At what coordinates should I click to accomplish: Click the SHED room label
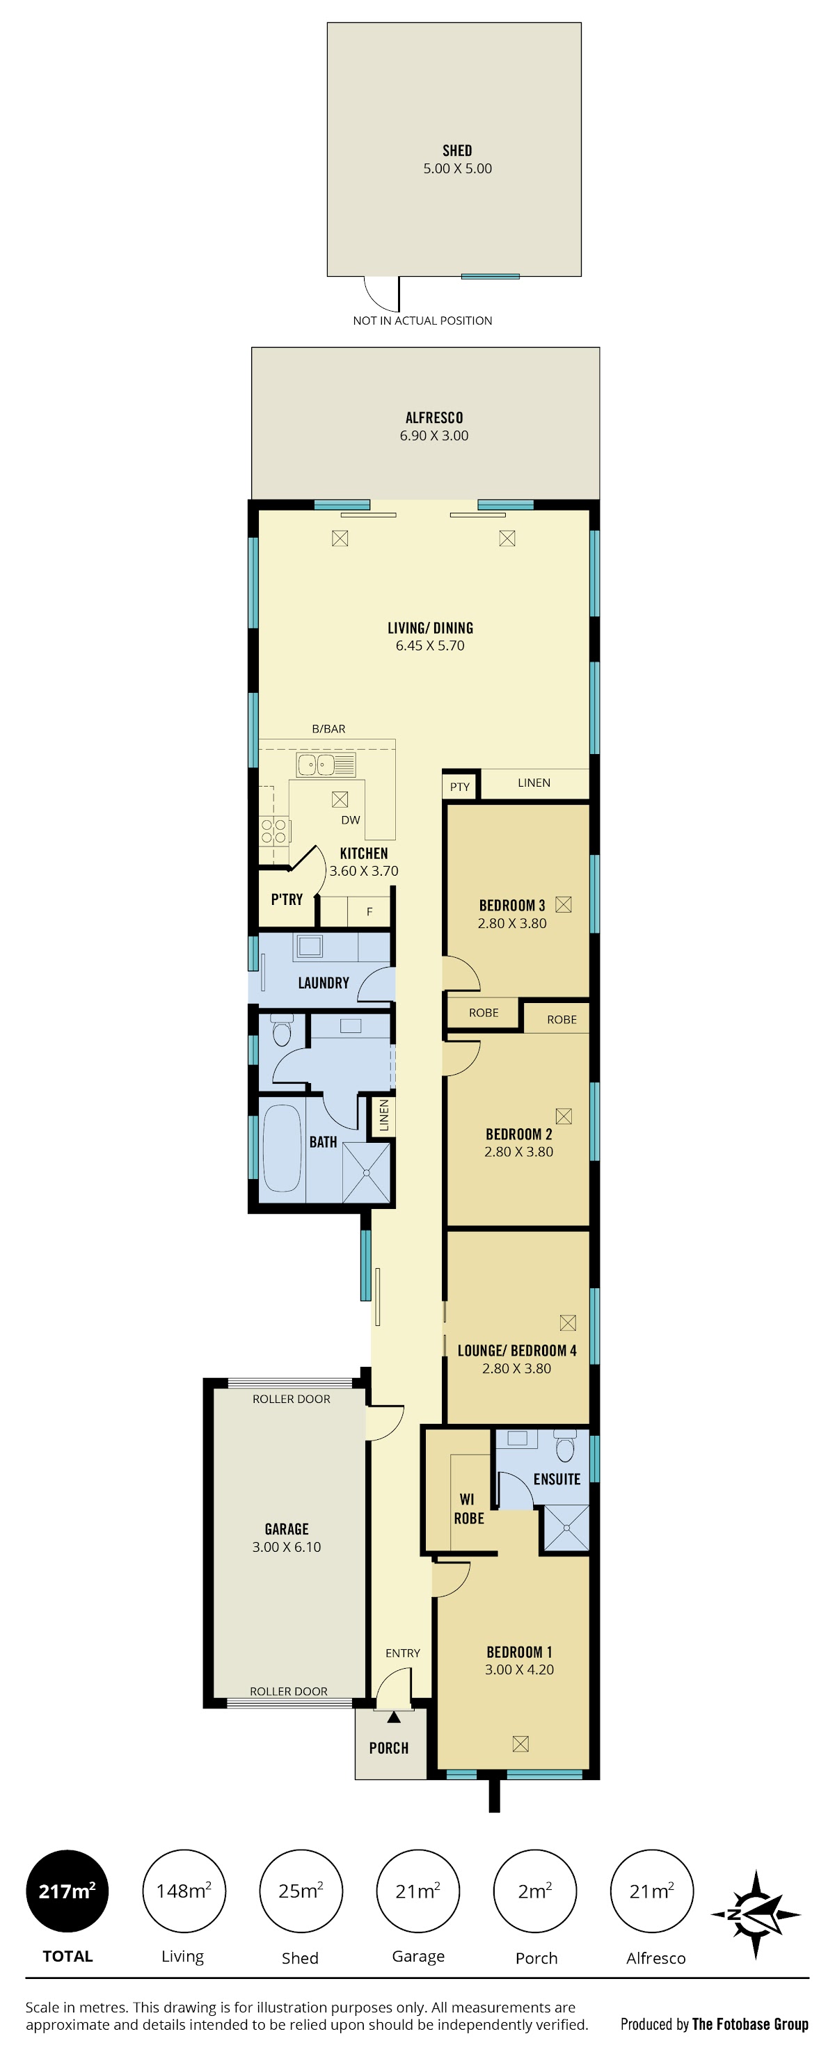pos(456,150)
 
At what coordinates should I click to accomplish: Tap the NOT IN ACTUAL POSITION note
pos(422,321)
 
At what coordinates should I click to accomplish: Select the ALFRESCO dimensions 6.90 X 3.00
pos(434,435)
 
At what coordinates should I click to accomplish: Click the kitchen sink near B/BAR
pos(326,765)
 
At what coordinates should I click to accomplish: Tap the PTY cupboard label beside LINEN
pos(460,787)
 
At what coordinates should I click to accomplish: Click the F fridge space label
pos(369,911)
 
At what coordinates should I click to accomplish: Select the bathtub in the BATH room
pos(282,1148)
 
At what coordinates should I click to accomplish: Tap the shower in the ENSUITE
pos(566,1528)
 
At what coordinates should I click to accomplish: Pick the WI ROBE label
pos(469,1508)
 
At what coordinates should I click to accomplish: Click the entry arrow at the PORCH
pos(394,1717)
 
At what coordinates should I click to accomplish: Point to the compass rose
pos(756,1914)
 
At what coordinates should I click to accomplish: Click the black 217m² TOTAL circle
pos(67,1891)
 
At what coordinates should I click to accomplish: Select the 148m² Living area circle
pos(184,1891)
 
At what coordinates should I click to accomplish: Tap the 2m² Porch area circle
pos(535,1891)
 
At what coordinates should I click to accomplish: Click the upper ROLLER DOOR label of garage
pos(291,1399)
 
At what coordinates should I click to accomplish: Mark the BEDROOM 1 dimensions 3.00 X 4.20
pos(519,1669)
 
